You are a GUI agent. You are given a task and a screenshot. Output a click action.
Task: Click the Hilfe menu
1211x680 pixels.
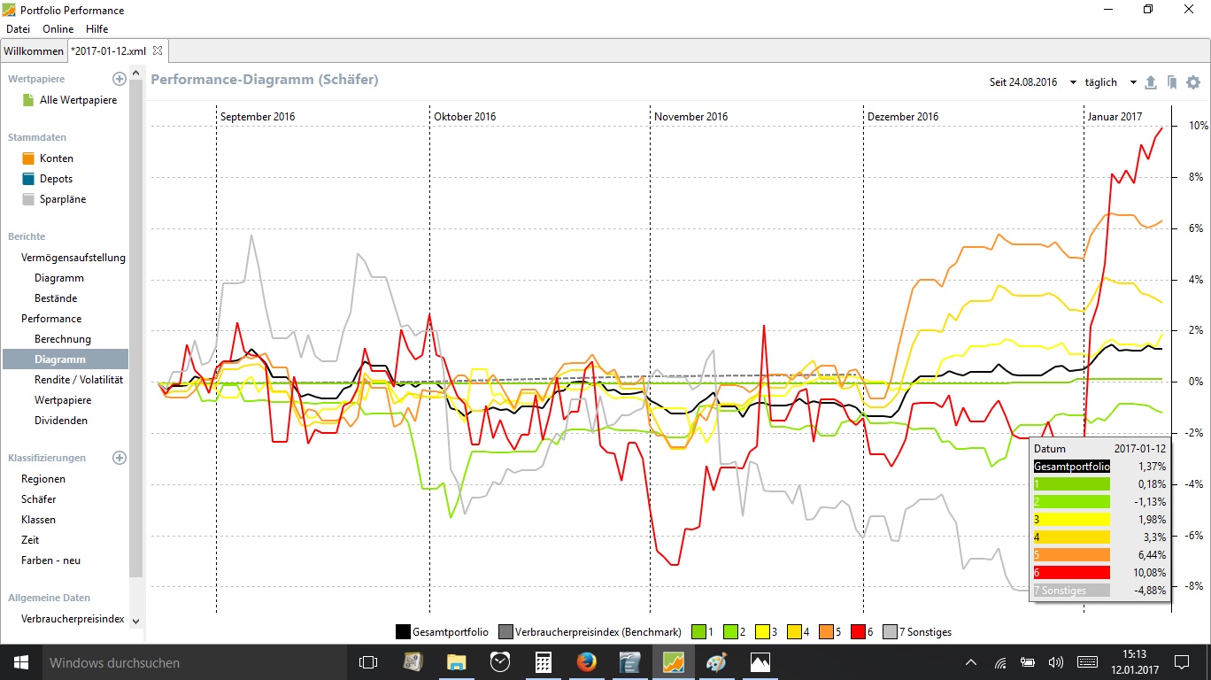(96, 29)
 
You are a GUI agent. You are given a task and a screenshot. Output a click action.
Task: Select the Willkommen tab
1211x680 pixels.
(34, 51)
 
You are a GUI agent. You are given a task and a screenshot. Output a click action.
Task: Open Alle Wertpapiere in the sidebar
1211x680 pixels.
(78, 100)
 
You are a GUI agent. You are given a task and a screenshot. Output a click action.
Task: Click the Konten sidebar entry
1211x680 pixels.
(56, 158)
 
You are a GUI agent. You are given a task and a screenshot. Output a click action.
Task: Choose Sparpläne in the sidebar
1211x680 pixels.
(62, 199)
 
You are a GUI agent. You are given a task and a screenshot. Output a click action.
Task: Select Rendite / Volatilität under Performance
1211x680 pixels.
(78, 380)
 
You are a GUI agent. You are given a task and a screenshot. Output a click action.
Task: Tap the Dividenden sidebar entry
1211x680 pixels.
(60, 421)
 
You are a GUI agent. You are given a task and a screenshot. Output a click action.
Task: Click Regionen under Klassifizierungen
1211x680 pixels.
(43, 479)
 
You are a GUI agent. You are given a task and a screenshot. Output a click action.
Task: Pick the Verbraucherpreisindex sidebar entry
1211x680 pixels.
(73, 619)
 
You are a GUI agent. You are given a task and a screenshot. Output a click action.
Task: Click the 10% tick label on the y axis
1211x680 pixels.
(1198, 126)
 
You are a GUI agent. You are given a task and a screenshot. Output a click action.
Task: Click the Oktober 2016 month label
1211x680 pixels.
(465, 117)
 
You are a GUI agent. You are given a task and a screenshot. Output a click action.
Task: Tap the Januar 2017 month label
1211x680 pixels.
(1115, 117)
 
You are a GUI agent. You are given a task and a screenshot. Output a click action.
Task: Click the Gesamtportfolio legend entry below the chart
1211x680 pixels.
(450, 632)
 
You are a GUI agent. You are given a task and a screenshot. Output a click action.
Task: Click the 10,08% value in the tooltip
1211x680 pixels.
(1151, 573)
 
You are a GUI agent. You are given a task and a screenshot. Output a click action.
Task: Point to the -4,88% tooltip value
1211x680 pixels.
(1150, 591)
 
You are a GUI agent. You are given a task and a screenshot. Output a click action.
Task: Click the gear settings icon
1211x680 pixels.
(1193, 82)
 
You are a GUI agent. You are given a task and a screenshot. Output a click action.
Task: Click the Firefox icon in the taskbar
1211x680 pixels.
(586, 662)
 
